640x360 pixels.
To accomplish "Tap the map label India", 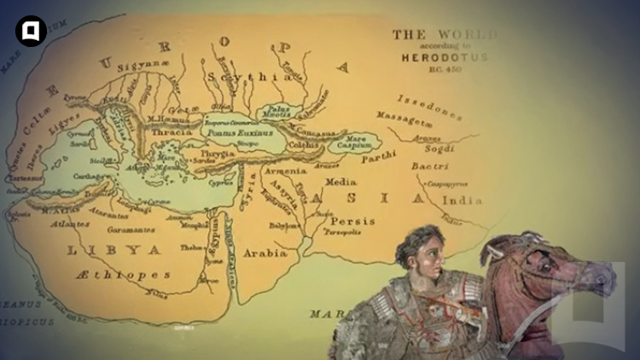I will pos(463,200).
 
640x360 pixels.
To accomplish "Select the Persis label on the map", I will pos(352,221).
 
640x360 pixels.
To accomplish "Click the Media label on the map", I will pos(340,182).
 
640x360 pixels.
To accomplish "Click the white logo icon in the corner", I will pos(31,32).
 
